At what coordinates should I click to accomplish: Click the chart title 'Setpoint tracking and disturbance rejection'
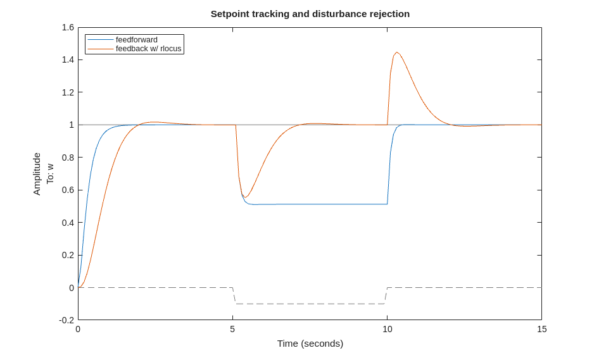pyautogui.click(x=310, y=14)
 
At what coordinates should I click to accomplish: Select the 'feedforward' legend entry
pyautogui.click(x=136, y=40)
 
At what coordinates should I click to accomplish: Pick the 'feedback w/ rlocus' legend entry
pyautogui.click(x=148, y=49)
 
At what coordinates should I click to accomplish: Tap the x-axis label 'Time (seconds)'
pyautogui.click(x=310, y=344)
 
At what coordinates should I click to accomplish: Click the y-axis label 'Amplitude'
pyautogui.click(x=37, y=174)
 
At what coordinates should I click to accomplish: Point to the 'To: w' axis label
pyautogui.click(x=50, y=174)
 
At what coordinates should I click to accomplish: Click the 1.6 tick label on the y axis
pyautogui.click(x=68, y=27)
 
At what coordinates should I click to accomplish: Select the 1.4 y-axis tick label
pyautogui.click(x=68, y=59)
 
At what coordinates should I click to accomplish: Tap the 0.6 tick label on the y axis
pyautogui.click(x=68, y=190)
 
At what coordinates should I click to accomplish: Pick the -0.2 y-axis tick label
pyautogui.click(x=66, y=320)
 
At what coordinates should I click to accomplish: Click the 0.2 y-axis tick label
pyautogui.click(x=68, y=255)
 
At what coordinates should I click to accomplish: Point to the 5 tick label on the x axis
pyautogui.click(x=232, y=329)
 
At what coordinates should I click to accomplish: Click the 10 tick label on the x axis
pyautogui.click(x=387, y=329)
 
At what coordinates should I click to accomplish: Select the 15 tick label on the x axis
pyautogui.click(x=541, y=329)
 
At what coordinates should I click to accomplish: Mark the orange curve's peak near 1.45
pyautogui.click(x=397, y=53)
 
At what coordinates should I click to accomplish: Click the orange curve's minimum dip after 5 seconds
pyautogui.click(x=246, y=197)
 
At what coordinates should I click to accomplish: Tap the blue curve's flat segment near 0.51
pyautogui.click(x=317, y=204)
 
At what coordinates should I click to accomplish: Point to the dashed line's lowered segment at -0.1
pyautogui.click(x=310, y=304)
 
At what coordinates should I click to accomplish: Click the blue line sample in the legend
pyautogui.click(x=100, y=40)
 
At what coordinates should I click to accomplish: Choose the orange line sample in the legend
pyautogui.click(x=100, y=49)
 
